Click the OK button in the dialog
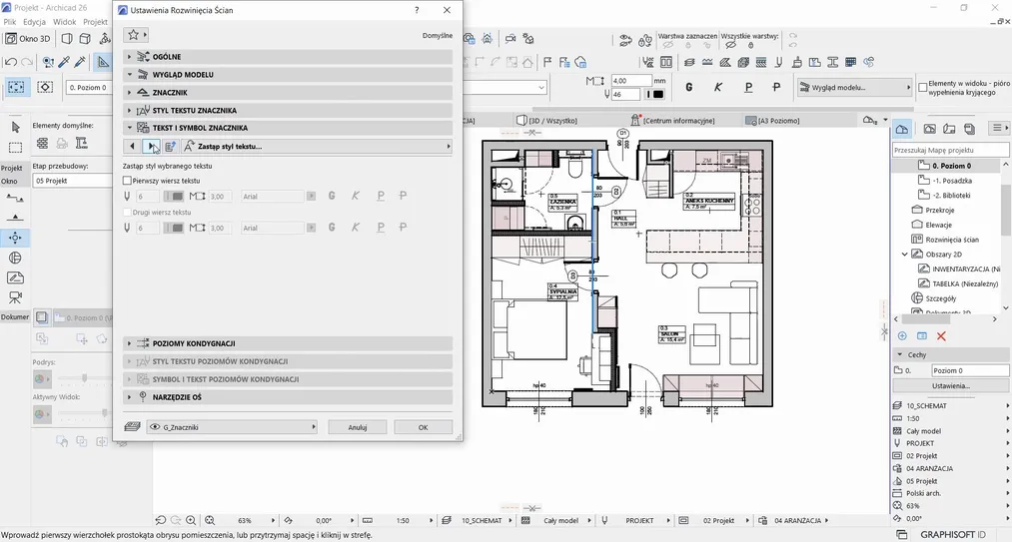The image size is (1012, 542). [x=423, y=427]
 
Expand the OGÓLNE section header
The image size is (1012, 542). [x=166, y=57]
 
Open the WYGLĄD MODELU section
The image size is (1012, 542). [x=183, y=75]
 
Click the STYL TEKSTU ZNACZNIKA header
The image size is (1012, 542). [x=195, y=111]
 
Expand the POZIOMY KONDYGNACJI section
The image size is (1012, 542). [x=194, y=343]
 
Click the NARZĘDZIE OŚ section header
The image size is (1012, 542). [x=178, y=397]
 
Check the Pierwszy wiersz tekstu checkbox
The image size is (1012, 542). [x=127, y=181]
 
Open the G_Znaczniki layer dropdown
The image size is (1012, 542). [x=231, y=427]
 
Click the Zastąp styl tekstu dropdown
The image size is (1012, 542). [x=316, y=147]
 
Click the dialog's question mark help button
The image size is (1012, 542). [x=417, y=9]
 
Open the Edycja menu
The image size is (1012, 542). [x=35, y=21]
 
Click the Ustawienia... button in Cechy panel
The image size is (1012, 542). [x=950, y=385]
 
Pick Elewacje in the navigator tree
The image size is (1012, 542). [x=938, y=225]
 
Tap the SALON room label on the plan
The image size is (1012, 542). [x=668, y=334]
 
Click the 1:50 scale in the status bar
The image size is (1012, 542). [x=403, y=521]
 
